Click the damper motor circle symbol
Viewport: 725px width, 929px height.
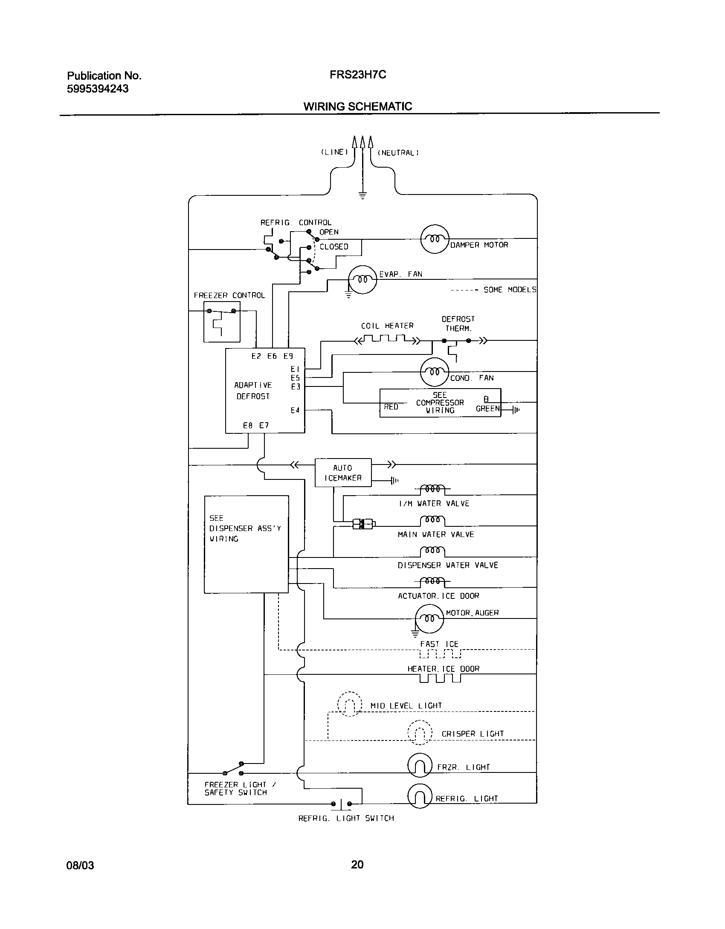[435, 239]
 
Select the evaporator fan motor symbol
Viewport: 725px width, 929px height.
[362, 280]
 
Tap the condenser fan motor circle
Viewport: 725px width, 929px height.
[435, 372]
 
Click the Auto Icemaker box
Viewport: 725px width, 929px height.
[343, 473]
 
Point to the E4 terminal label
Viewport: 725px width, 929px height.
[295, 410]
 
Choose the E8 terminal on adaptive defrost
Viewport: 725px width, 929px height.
[248, 425]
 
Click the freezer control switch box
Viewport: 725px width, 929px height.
[222, 322]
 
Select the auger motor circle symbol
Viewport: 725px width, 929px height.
[429, 619]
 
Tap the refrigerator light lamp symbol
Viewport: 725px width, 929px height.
[419, 796]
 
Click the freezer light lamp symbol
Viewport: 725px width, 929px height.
[420, 766]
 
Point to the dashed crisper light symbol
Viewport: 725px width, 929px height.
[420, 732]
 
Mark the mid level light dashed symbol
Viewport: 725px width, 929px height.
[349, 704]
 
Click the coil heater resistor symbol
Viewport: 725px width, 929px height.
[387, 340]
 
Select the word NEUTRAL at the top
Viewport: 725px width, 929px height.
[398, 153]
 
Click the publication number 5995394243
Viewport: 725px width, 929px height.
[98, 89]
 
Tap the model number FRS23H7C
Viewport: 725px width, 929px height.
[358, 75]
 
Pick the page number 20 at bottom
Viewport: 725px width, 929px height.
[357, 865]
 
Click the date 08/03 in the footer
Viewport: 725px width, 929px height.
[80, 865]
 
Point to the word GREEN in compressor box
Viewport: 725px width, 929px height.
[487, 409]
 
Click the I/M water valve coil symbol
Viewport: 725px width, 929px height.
[432, 488]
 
